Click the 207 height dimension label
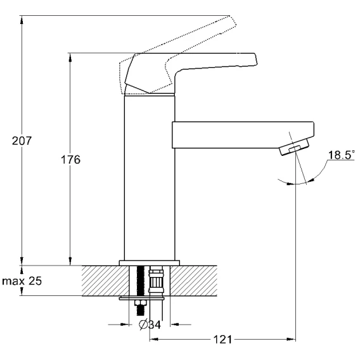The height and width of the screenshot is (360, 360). point(22,141)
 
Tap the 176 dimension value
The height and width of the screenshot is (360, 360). point(71,160)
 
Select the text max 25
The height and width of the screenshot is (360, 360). point(22,281)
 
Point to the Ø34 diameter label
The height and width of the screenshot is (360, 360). point(150,325)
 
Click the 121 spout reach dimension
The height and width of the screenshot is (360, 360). point(222,339)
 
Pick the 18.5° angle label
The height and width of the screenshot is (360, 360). point(341,155)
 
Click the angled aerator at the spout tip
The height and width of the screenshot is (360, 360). point(294,147)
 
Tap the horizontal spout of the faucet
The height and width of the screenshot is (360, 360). point(243,135)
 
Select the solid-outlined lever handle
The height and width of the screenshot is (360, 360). point(191,73)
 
